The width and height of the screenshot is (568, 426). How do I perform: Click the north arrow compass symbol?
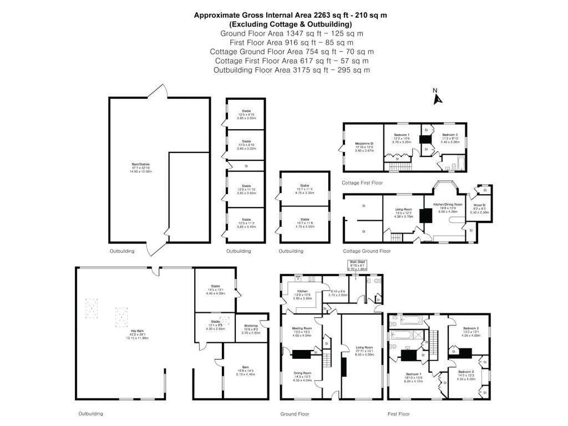tap(437, 98)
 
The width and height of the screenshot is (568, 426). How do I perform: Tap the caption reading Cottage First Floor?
tap(362, 182)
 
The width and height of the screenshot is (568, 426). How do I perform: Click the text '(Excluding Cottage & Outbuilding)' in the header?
tap(290, 24)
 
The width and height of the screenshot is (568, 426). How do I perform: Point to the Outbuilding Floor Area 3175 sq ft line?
tap(291, 70)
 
